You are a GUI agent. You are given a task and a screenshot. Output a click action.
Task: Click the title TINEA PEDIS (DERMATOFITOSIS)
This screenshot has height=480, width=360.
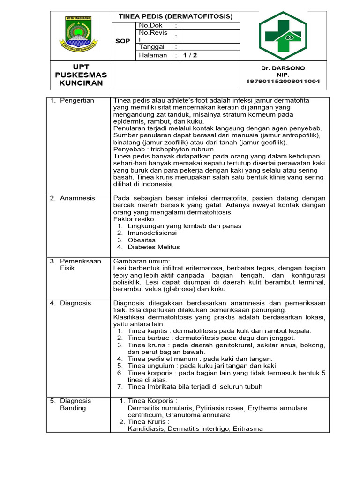click(175, 16)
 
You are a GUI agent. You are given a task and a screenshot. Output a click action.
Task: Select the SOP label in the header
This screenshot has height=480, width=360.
click(123, 41)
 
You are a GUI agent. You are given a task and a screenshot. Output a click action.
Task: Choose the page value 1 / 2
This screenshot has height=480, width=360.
click(190, 55)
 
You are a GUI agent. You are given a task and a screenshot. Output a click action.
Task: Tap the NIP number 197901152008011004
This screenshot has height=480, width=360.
click(283, 82)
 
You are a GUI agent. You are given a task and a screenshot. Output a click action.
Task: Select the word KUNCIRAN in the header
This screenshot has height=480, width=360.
click(81, 83)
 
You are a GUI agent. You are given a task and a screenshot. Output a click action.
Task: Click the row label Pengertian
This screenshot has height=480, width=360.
click(77, 100)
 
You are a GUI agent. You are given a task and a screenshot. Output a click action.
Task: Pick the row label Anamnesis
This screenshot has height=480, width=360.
click(77, 198)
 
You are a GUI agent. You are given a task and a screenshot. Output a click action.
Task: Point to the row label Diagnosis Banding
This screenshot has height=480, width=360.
click(75, 405)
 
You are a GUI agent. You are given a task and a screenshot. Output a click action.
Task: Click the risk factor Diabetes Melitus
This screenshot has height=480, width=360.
click(153, 247)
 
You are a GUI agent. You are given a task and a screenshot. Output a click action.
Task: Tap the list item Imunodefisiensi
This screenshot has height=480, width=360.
click(152, 233)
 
